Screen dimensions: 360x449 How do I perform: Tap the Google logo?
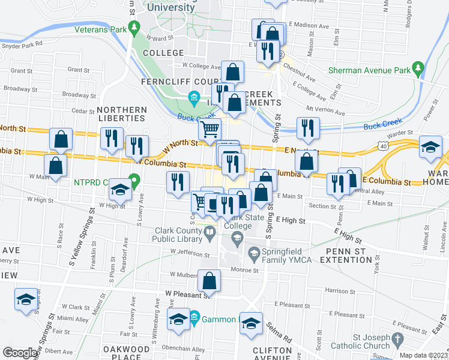(20, 353)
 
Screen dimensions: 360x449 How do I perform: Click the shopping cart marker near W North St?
(209, 129)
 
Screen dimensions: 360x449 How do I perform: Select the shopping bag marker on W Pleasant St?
(209, 280)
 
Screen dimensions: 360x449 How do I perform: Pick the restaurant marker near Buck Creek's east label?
(307, 127)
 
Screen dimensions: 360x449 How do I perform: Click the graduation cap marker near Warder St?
(430, 148)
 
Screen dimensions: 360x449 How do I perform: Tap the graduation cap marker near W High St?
(120, 190)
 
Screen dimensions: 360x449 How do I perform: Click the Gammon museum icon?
(194, 316)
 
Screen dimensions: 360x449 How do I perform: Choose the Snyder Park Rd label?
(22, 44)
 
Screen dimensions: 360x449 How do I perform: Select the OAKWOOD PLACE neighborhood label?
(126, 353)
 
